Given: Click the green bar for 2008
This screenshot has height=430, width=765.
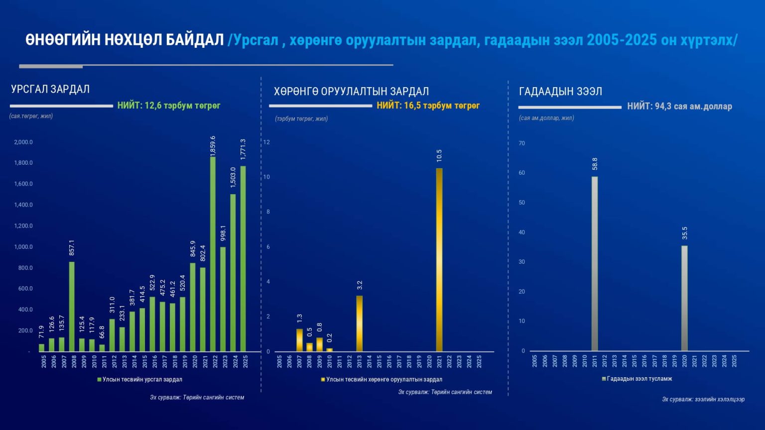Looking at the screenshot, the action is [x=72, y=307].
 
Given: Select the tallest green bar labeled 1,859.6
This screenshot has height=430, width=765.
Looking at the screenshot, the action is [x=213, y=254].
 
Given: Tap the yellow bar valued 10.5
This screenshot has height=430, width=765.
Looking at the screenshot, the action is [x=439, y=260].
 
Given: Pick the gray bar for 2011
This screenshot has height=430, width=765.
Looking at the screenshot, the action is [x=595, y=264].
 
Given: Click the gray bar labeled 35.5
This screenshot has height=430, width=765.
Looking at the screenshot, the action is [x=684, y=298].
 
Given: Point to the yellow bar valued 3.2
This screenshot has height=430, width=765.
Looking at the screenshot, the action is [x=359, y=323].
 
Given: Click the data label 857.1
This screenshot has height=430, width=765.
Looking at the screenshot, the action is [x=72, y=248].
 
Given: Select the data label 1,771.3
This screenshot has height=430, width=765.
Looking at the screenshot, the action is [x=243, y=149].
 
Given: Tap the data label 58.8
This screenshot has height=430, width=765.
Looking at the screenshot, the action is [x=595, y=164].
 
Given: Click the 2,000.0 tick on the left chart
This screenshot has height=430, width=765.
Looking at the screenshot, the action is [x=23, y=142].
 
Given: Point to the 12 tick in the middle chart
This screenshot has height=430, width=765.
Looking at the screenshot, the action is [x=266, y=142].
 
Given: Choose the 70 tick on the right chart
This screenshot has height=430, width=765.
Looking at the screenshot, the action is [x=521, y=143].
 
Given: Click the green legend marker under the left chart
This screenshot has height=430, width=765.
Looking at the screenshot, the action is [x=100, y=380].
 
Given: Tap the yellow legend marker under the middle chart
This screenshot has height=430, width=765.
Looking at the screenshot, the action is [x=323, y=380].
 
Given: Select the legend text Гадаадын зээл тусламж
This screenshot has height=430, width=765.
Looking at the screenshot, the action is [x=639, y=379].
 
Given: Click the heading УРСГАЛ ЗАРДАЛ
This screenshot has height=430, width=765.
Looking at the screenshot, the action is [x=50, y=89].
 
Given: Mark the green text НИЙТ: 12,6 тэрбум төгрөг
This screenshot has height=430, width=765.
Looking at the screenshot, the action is [x=169, y=106].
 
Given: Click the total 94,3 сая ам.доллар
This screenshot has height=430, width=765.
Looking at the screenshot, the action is [x=693, y=107].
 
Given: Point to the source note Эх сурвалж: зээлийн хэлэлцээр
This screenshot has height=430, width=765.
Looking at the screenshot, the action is [x=703, y=399].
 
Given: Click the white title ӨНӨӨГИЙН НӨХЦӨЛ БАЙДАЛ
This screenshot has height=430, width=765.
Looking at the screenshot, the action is [x=125, y=40].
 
